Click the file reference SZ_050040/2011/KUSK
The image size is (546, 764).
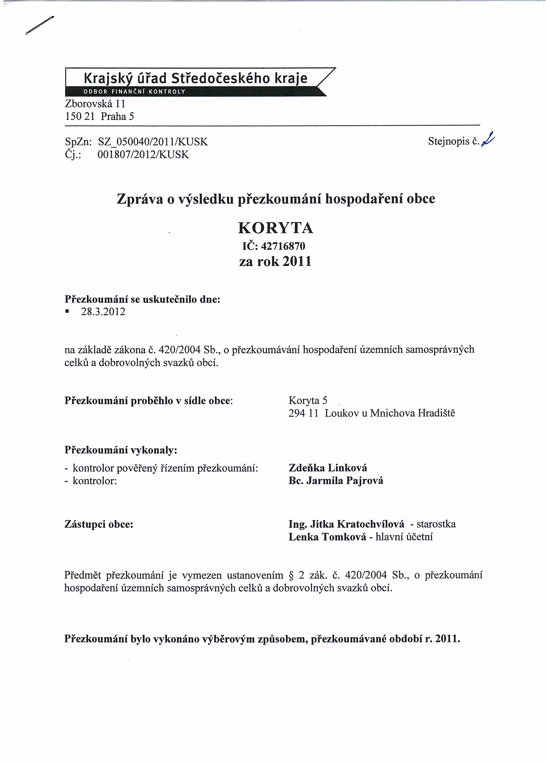tap(153, 142)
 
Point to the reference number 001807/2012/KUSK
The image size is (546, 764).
tap(143, 155)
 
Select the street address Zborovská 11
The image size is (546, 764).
tap(95, 103)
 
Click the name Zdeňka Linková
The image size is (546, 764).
tap(328, 468)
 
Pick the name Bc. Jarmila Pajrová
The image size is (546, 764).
tap(335, 481)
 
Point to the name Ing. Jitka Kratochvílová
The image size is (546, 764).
tap(346, 524)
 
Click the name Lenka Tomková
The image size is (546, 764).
tap(327, 537)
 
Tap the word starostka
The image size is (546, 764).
tap(436, 524)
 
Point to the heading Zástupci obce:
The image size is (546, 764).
tap(99, 524)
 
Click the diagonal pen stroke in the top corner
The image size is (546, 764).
tap(39, 25)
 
